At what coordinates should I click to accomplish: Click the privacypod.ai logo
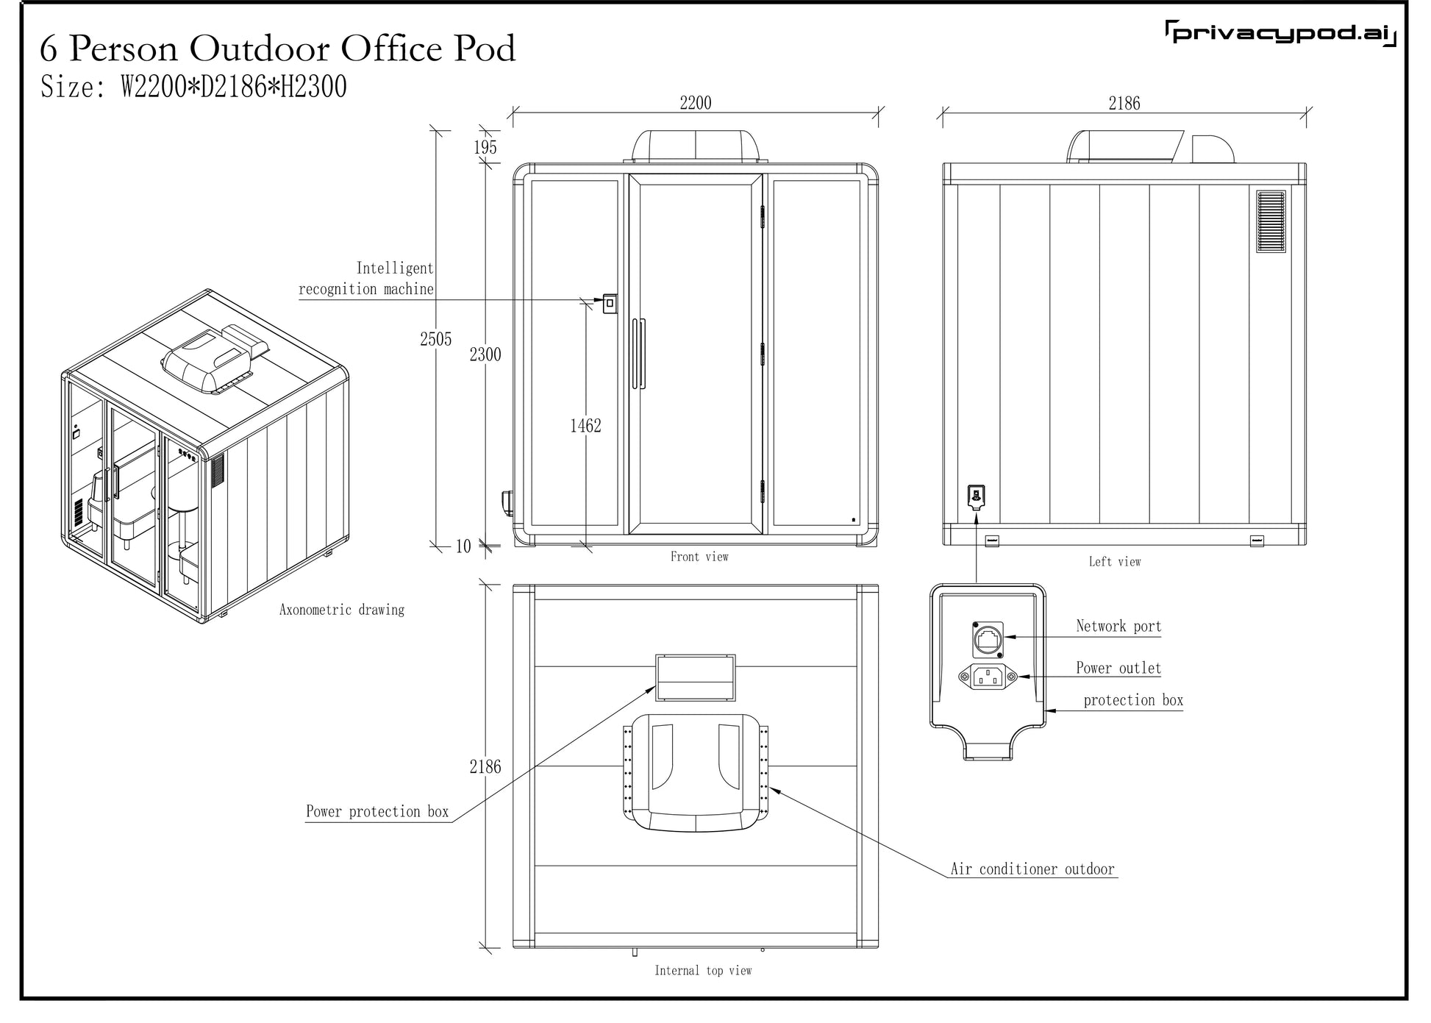[1280, 34]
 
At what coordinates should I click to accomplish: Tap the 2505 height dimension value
[435, 339]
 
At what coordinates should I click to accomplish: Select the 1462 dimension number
[585, 426]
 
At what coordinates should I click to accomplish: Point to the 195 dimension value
[485, 147]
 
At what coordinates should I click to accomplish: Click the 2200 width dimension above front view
[696, 103]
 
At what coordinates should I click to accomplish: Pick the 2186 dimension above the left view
[1124, 104]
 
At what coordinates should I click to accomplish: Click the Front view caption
[699, 557]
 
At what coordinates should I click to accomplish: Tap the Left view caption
[1115, 562]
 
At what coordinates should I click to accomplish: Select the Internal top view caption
[703, 971]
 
